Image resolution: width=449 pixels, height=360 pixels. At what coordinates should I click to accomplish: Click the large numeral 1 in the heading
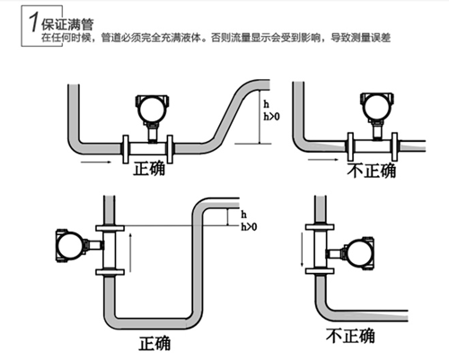tap(33, 22)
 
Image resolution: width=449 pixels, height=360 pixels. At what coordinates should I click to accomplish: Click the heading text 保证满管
tap(67, 24)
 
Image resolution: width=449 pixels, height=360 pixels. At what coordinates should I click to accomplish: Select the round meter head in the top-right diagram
tap(377, 107)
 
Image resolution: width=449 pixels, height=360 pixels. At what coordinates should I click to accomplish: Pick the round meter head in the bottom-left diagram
tap(70, 246)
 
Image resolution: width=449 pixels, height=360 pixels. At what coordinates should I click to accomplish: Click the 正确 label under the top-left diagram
tap(149, 169)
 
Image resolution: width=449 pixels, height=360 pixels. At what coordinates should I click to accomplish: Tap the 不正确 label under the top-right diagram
tap(372, 171)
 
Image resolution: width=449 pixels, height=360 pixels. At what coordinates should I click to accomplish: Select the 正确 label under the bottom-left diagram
tap(154, 343)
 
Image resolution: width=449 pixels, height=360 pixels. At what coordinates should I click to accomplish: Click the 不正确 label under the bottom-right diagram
tap(350, 336)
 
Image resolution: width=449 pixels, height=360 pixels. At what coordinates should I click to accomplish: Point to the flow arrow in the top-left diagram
tap(96, 162)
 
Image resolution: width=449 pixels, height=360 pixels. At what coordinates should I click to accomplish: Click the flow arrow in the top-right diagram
tap(323, 160)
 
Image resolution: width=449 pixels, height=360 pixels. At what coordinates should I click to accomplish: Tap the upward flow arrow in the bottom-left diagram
tap(130, 253)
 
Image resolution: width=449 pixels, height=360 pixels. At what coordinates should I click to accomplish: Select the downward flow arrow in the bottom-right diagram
tap(303, 250)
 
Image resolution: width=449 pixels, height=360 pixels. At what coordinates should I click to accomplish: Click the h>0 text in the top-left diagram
tap(271, 116)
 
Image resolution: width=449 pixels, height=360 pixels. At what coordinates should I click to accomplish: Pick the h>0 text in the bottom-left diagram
tap(249, 227)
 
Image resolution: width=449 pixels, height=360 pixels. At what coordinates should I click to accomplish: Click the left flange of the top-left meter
tap(126, 149)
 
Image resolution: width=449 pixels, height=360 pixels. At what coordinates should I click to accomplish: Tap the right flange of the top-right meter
tap(394, 146)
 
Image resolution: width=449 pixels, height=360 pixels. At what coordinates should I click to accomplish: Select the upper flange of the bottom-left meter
tap(110, 228)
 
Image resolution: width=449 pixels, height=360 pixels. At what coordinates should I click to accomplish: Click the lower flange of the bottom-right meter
tap(320, 271)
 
